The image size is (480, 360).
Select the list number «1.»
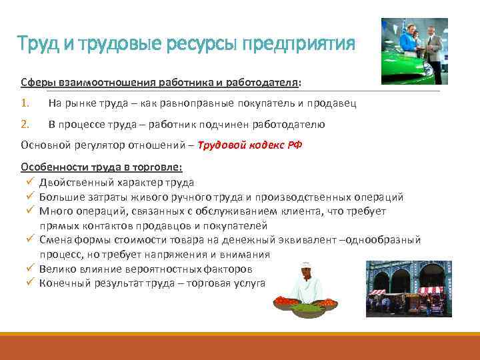pos(25,103)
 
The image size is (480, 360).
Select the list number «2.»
pos(25,124)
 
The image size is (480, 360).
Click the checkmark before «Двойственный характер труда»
pos(31,181)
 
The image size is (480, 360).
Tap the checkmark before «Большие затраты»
pos(31,196)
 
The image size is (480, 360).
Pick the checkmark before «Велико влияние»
pos(31,269)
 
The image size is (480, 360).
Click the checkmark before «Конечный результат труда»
pos(31,283)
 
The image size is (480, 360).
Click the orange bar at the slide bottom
pos(240,346)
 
